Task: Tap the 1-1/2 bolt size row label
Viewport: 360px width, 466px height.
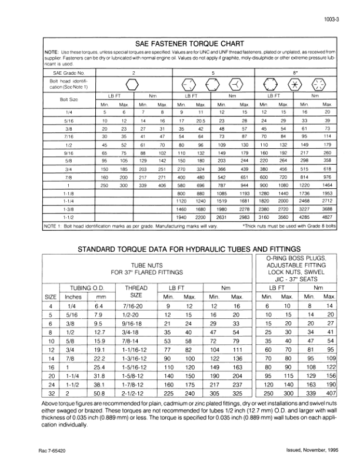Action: tap(69, 217)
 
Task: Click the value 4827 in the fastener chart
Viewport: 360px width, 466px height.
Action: tap(326, 217)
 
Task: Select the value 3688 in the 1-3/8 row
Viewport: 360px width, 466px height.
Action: tap(326, 209)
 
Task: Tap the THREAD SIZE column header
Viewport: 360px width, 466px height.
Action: tap(136, 291)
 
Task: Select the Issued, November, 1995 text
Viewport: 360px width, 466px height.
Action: tap(309, 448)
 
